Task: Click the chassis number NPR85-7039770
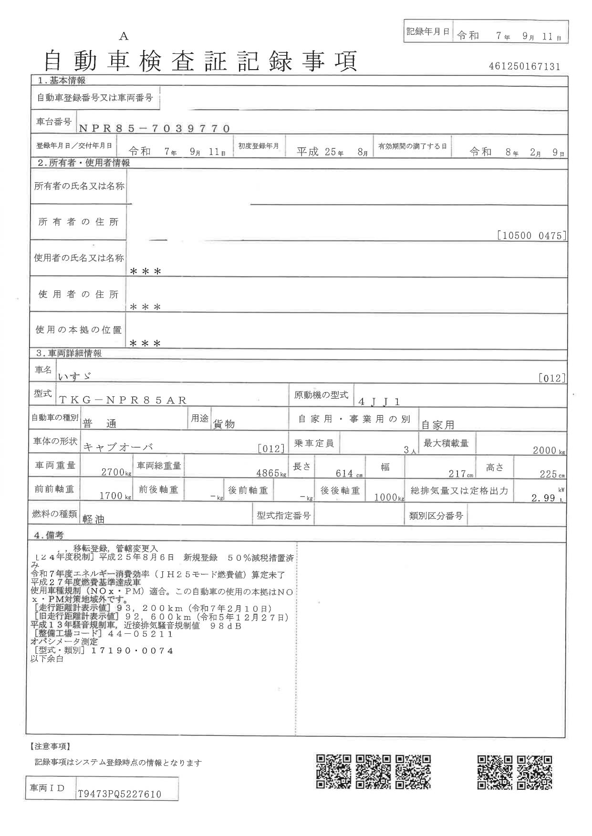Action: (x=154, y=128)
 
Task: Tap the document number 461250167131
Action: (x=524, y=67)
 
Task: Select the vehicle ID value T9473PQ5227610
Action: (x=119, y=794)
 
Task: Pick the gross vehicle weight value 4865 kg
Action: (x=270, y=473)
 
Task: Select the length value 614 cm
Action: (x=347, y=473)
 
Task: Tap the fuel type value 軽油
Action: (x=93, y=520)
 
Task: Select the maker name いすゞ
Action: (x=74, y=376)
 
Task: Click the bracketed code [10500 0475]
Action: (x=531, y=235)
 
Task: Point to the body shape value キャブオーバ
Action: (x=118, y=447)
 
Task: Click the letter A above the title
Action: (x=124, y=36)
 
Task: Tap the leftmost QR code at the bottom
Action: (x=333, y=772)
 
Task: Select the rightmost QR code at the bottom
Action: (x=535, y=772)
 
